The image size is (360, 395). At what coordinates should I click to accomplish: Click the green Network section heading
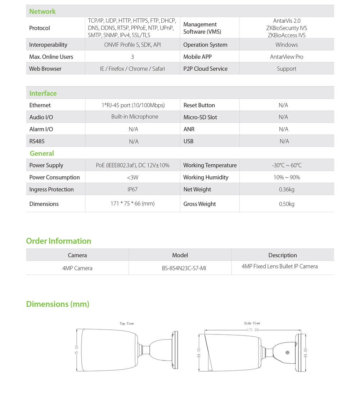42,12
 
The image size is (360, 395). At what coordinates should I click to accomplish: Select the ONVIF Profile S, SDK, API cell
132,45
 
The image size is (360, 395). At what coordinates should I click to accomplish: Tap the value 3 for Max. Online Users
132,57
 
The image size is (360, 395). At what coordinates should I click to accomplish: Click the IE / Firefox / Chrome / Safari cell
132,68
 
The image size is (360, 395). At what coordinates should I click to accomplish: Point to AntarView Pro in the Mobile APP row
287,57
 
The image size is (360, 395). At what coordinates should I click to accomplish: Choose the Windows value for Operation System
287,45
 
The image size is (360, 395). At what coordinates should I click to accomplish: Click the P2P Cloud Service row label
205,68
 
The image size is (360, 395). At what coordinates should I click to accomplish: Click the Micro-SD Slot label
200,117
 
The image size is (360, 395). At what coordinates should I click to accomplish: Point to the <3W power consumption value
132,177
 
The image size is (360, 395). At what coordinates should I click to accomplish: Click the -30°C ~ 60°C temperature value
287,165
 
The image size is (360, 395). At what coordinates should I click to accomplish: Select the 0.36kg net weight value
287,189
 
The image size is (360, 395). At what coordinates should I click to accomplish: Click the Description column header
283,255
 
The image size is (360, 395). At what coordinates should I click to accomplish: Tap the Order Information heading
59,241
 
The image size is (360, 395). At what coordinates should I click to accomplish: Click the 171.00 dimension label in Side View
252,330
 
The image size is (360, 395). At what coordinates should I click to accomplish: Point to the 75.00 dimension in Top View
76,350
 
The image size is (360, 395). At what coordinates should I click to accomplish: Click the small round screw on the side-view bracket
287,353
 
